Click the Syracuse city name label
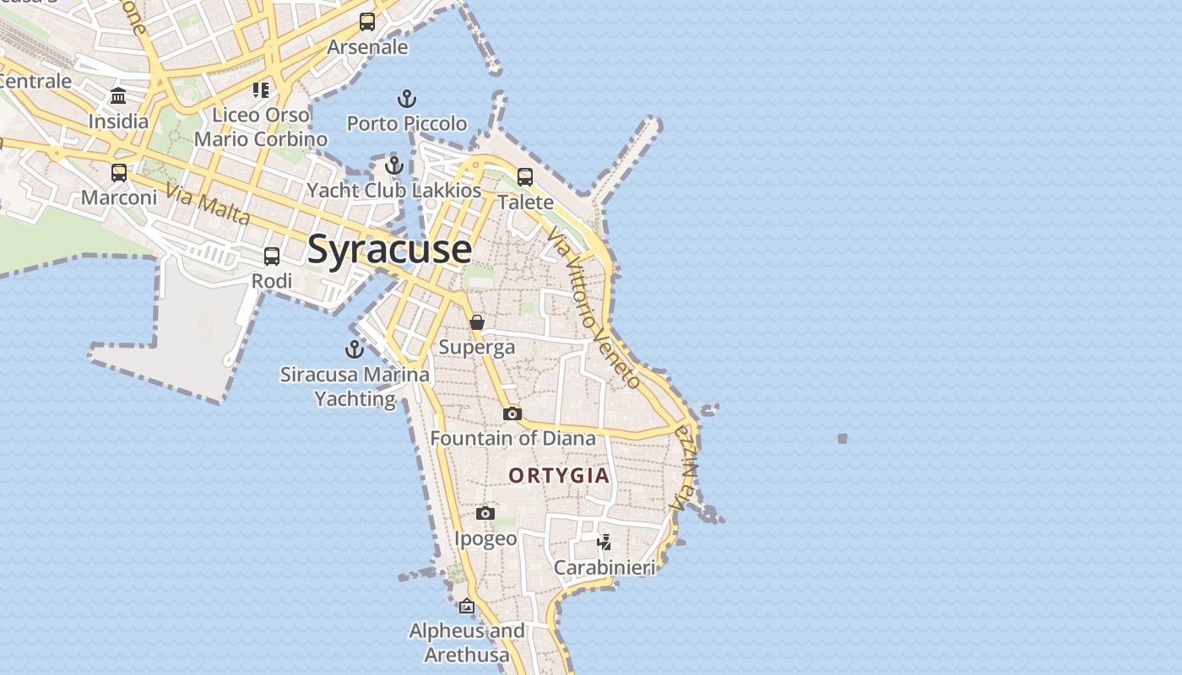(389, 249)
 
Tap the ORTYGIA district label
(559, 475)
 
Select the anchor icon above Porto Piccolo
(407, 100)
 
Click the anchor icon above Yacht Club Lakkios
(393, 165)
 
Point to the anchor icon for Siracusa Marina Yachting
(355, 348)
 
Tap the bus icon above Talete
(525, 177)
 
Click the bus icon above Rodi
(272, 256)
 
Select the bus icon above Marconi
(119, 173)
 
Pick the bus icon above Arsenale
(367, 23)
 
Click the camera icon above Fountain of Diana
(512, 413)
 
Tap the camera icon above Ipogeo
(485, 513)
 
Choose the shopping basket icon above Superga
(477, 322)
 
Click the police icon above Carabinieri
(605, 542)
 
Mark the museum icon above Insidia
(118, 96)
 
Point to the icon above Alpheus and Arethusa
(467, 606)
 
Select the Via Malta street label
(209, 204)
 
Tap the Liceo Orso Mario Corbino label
(261, 127)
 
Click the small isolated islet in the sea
(843, 439)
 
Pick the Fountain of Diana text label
(512, 439)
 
